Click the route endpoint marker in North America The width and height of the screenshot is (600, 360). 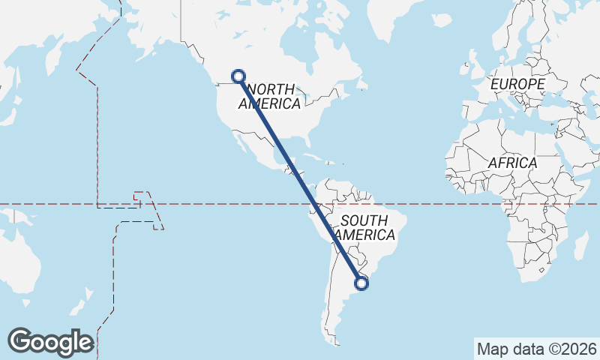238,75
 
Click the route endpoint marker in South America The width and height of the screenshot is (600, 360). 361,283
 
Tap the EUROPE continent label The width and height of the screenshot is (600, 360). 517,84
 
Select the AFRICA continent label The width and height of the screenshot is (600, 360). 512,163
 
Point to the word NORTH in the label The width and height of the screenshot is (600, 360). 270,89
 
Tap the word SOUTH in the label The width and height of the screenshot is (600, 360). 364,220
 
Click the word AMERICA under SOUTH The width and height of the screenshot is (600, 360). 365,235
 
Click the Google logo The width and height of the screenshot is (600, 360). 50,342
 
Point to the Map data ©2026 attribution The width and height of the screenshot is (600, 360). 536,349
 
